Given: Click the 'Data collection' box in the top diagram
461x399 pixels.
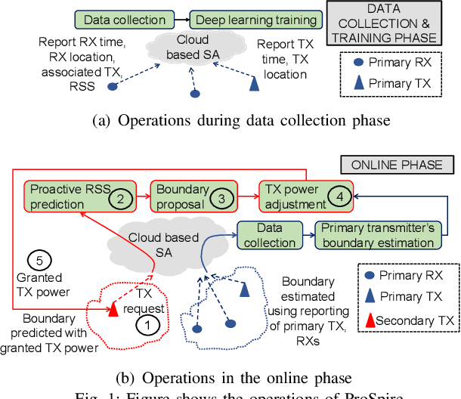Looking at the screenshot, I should (125, 20).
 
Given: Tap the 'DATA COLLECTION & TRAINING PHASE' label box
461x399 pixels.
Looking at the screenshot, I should (391, 23).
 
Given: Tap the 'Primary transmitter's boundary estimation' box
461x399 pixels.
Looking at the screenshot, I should (378, 235).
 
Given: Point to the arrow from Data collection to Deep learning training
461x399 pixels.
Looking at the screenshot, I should (180, 20).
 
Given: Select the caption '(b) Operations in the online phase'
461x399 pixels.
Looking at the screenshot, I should (230, 378).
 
